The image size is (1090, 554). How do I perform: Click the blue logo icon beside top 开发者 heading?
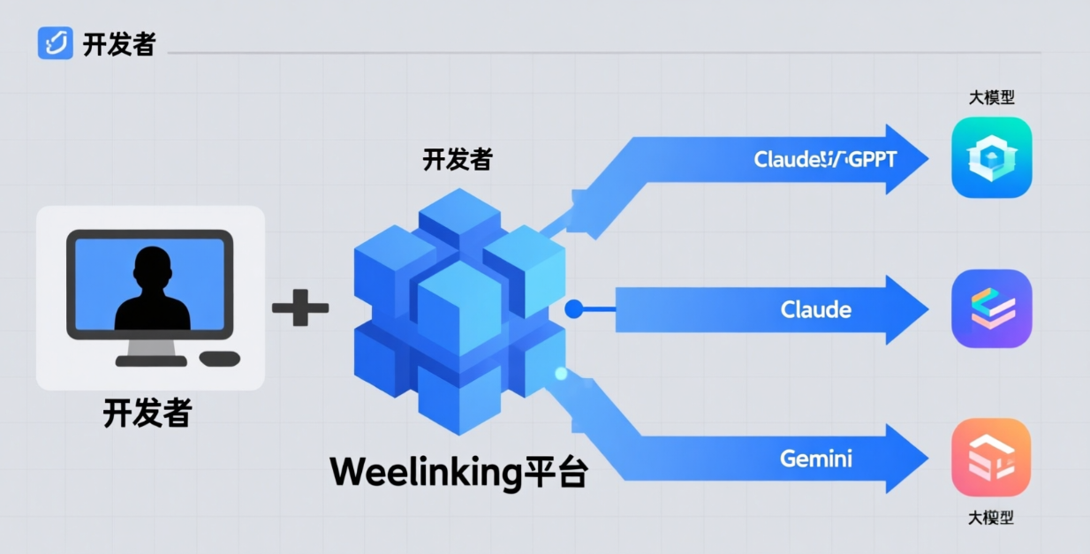coord(55,42)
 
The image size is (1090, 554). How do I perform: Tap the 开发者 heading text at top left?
coord(119,44)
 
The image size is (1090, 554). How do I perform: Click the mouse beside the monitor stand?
coord(220,359)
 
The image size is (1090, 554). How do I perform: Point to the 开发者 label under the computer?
coord(147,413)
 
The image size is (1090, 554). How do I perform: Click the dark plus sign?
coord(300,308)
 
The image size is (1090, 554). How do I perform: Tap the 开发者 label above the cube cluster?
coord(457,160)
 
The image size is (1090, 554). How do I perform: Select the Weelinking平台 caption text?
coord(458,473)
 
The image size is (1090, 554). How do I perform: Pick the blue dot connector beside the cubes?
coord(572,308)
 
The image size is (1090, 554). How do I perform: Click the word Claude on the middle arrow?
coord(815,310)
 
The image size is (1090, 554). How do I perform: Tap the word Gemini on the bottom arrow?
coord(815,459)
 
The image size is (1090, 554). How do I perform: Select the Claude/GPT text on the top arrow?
coord(824,160)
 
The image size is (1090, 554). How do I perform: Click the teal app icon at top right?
coord(991,157)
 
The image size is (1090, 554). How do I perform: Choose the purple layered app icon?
coord(991,309)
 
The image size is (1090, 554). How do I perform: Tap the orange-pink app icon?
coord(991,458)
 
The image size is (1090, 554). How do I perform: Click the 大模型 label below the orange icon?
coord(991,518)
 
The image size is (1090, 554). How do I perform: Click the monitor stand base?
coord(151,360)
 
